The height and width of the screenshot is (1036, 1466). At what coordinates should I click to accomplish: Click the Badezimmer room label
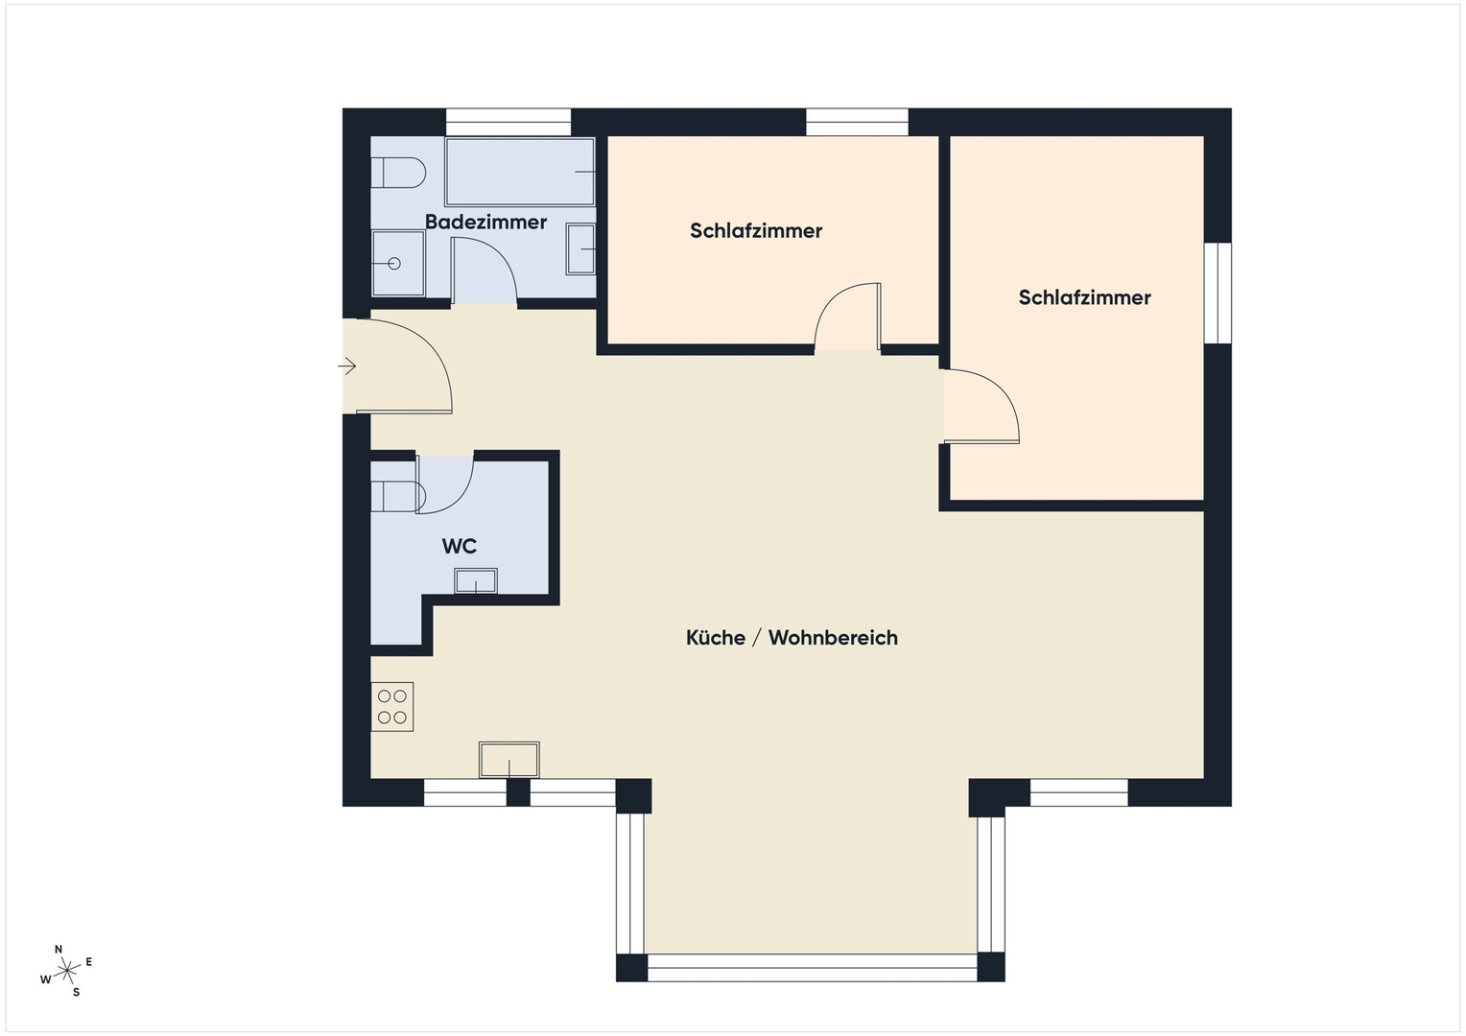485,222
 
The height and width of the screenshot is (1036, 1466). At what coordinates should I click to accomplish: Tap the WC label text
459,546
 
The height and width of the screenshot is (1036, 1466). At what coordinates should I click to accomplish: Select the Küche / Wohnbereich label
792,638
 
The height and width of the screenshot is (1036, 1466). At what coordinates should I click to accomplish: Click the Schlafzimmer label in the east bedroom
1084,297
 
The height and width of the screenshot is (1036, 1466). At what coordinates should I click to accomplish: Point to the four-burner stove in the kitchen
392,707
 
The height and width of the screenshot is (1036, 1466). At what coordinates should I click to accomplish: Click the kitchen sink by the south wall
509,760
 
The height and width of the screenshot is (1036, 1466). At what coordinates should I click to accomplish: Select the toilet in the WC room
398,496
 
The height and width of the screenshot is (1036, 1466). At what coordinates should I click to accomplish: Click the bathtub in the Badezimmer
520,172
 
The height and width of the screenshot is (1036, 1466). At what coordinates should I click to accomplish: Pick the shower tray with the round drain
398,263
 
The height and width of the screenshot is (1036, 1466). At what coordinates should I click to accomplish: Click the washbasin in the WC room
476,581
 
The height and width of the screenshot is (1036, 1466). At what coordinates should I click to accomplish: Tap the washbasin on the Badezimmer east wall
580,249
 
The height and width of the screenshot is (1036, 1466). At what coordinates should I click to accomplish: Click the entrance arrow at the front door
347,365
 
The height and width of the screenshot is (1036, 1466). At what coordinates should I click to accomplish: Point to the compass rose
66,971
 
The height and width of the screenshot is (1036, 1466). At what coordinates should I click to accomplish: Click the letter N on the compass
59,949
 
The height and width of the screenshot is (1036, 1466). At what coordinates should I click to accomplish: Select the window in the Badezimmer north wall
508,123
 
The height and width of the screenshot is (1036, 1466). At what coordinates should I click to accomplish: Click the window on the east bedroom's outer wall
1218,293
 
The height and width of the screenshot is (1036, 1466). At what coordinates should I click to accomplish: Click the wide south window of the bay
813,967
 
